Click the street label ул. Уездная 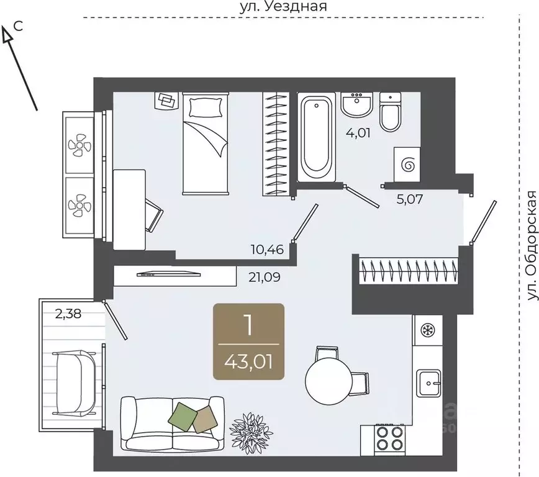coord(283,7)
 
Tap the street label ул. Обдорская coord(532,245)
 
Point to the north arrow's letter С coord(18,26)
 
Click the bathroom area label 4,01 coord(358,133)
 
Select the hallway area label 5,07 coord(409,199)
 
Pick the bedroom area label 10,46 coord(267,249)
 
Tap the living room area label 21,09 coord(265,277)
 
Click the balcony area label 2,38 coord(68,314)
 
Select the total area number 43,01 coord(248,362)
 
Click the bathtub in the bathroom coord(316,137)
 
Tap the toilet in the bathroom coord(391,111)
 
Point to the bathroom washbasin coord(357,104)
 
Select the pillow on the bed coord(206,107)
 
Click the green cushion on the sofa coord(183,416)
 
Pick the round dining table coord(328,380)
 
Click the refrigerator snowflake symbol coord(428,330)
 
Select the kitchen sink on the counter coord(428,383)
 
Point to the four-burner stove coord(390,438)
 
